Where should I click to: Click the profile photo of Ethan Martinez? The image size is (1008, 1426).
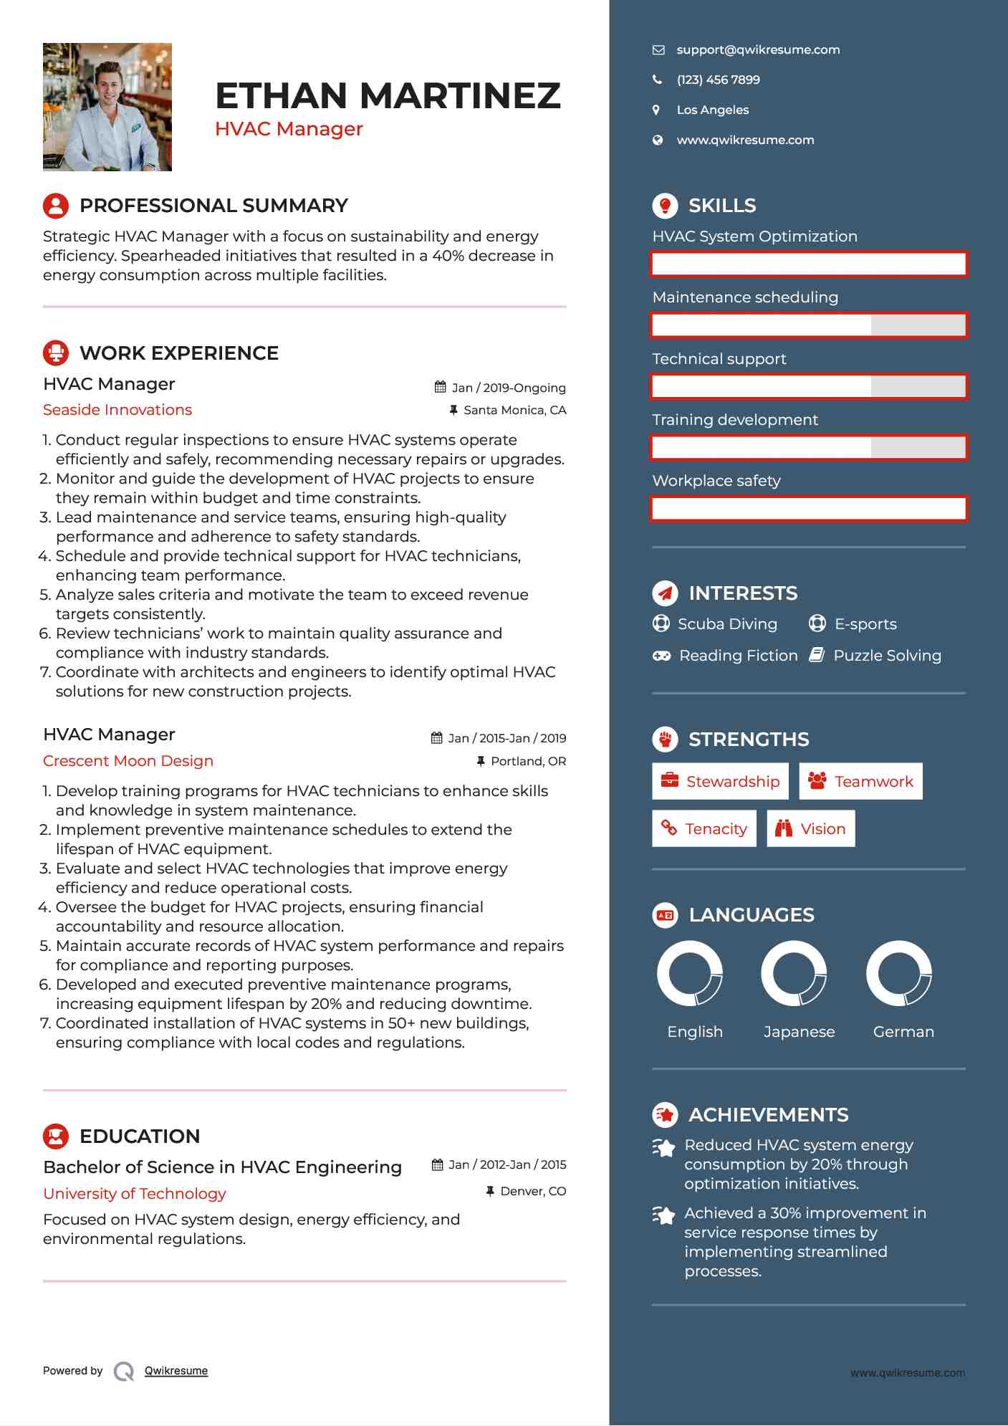pyautogui.click(x=107, y=107)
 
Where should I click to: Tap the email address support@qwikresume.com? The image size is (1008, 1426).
pyautogui.click(x=758, y=49)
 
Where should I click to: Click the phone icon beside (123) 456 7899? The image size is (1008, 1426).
pyautogui.click(x=657, y=80)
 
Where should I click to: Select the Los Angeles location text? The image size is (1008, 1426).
pyautogui.click(x=712, y=110)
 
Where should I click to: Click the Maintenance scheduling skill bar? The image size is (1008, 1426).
pyautogui.click(x=809, y=325)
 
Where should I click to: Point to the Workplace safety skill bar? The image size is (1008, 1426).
pyautogui.click(x=809, y=509)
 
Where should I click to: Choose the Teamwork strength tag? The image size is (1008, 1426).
pyautogui.click(x=860, y=781)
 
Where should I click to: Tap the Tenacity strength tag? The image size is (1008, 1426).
pyautogui.click(x=704, y=828)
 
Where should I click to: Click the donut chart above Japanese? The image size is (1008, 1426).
pyautogui.click(x=794, y=973)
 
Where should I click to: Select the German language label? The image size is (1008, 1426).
pyautogui.click(x=903, y=1032)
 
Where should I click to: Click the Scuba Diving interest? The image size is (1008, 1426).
pyautogui.click(x=726, y=624)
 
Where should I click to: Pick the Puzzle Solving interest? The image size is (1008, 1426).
pyautogui.click(x=887, y=656)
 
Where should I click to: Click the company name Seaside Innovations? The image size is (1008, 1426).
pyautogui.click(x=117, y=410)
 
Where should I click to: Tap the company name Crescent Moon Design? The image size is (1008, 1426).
pyautogui.click(x=128, y=761)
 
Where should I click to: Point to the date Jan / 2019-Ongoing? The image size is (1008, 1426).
pyautogui.click(x=508, y=388)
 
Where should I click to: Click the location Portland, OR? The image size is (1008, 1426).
pyautogui.click(x=528, y=761)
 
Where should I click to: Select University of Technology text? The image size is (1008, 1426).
pyautogui.click(x=135, y=1194)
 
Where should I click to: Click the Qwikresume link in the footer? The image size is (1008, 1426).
pyautogui.click(x=176, y=1371)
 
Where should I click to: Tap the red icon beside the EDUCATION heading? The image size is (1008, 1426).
pyautogui.click(x=56, y=1136)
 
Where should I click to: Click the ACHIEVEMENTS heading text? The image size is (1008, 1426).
pyautogui.click(x=768, y=1115)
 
